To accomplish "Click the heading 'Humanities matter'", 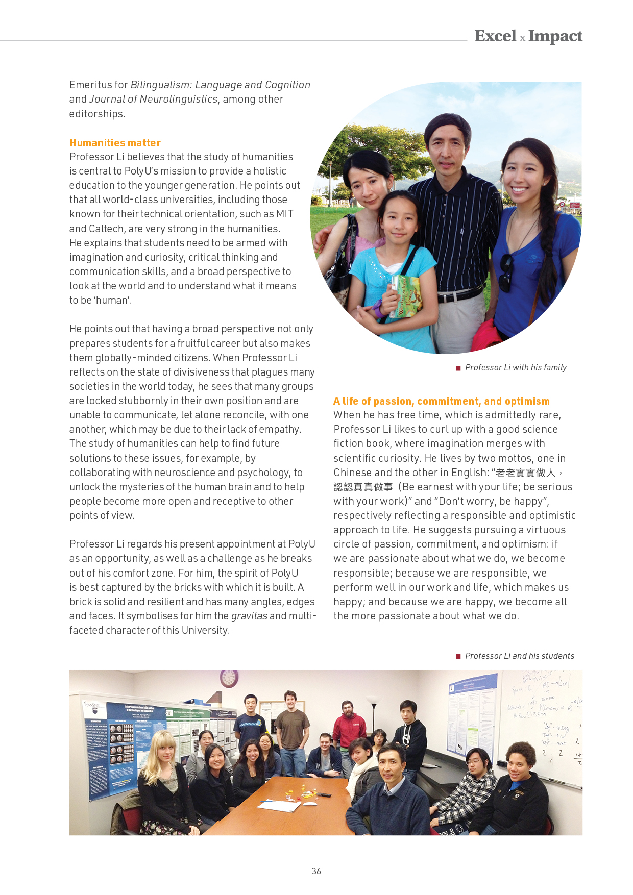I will [x=115, y=143].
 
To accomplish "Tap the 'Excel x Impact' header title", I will [x=528, y=36].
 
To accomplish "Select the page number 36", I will [x=316, y=871].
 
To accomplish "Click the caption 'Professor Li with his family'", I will [x=516, y=368].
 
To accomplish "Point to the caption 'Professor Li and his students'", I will [x=519, y=656].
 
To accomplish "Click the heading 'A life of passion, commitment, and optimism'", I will [x=441, y=401].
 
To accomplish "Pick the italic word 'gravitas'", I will [x=249, y=616].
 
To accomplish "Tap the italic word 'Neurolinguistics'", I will [x=179, y=99].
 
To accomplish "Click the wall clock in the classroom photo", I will [x=229, y=678].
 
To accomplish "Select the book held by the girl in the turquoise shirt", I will [x=406, y=296].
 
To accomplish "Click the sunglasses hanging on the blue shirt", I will [x=506, y=272].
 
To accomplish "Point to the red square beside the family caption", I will [x=458, y=368].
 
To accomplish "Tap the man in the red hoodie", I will [x=349, y=727].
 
